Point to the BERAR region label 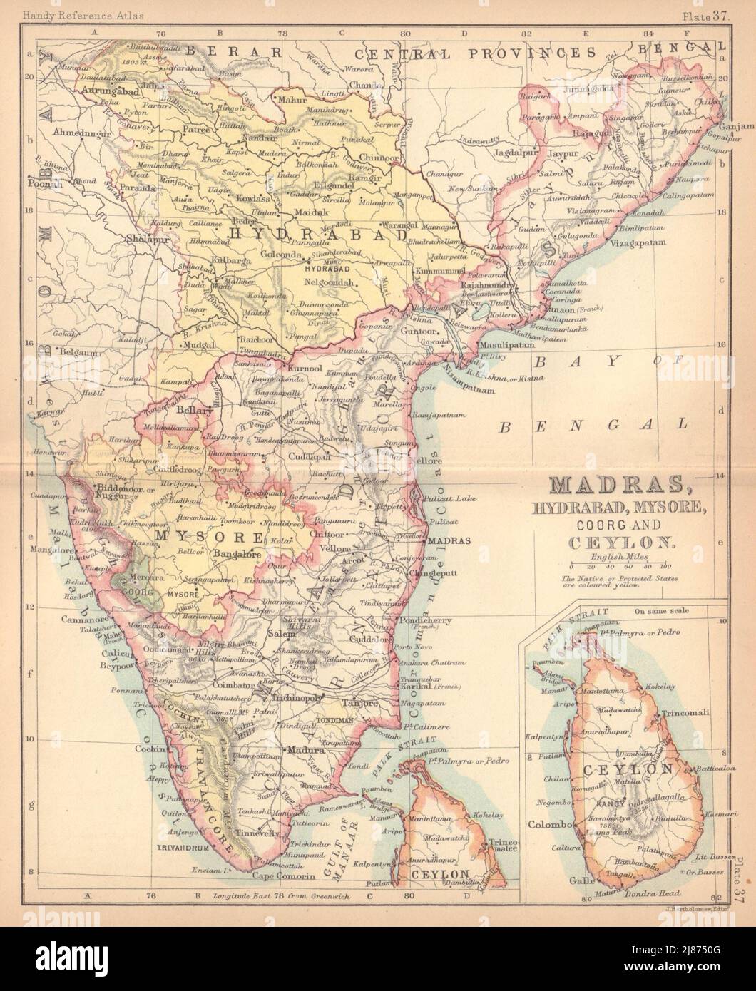tap(232, 51)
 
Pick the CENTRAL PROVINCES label tap(479, 52)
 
